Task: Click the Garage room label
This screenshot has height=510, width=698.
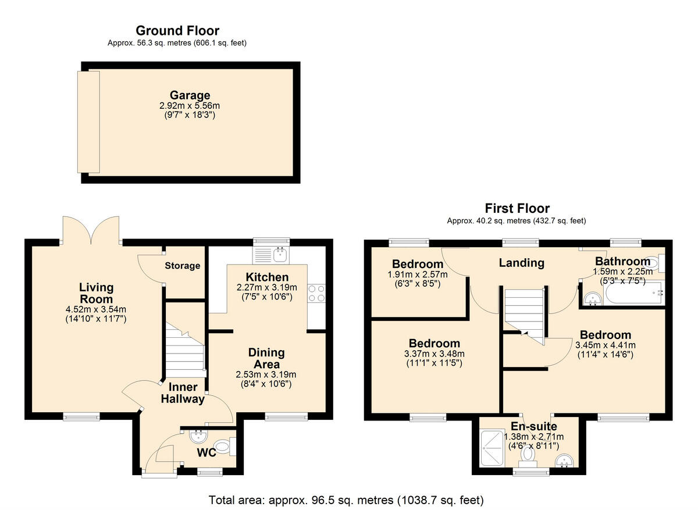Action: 190,95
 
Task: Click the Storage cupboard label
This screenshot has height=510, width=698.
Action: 182,266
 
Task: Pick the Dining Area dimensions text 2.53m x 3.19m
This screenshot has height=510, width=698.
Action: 266,375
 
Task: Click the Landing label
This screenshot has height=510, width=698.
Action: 522,263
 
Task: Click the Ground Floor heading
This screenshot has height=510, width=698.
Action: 177,31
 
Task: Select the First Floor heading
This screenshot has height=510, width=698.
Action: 517,208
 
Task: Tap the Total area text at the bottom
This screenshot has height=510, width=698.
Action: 346,500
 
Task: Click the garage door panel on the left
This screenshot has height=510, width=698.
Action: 88,122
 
